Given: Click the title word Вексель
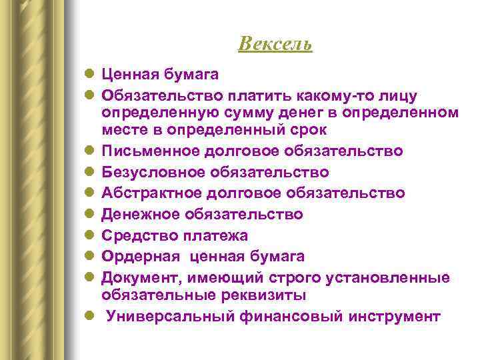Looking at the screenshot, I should point(275,44).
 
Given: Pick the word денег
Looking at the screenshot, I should point(295,109).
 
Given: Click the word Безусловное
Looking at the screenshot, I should point(151,172).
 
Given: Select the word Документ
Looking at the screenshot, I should point(138,277).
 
